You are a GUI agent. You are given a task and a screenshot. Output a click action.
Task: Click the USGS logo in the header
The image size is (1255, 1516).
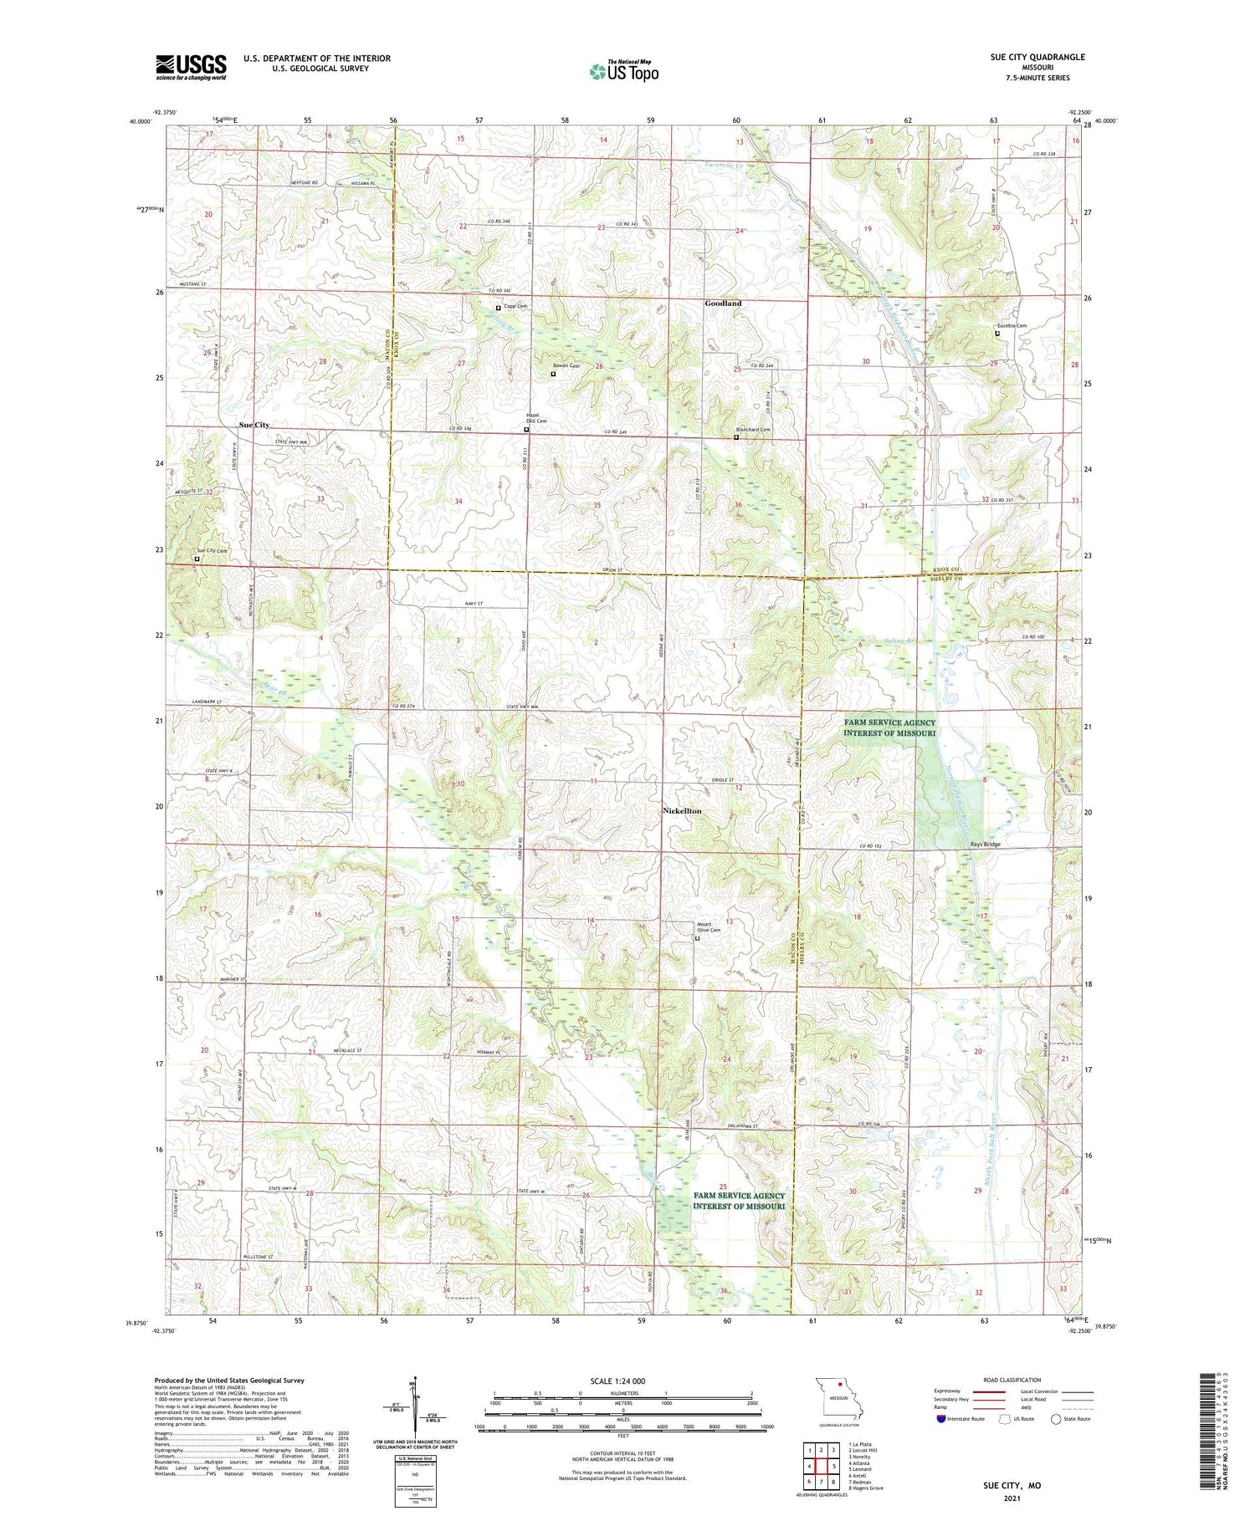[x=191, y=67]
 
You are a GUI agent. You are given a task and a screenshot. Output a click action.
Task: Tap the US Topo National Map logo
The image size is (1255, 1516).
[x=624, y=71]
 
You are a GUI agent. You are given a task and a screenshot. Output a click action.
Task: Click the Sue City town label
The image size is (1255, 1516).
[x=254, y=425]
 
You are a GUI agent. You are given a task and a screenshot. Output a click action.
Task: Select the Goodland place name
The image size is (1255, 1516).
[x=723, y=303]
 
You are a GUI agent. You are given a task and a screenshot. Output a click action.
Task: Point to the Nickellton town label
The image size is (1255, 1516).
[x=682, y=811]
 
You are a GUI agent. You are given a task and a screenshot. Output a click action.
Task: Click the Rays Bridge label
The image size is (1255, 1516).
[x=985, y=844]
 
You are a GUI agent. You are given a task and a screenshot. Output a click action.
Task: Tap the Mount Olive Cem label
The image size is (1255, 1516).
[x=709, y=927]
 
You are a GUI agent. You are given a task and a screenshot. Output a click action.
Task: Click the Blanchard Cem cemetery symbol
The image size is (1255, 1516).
[x=736, y=437]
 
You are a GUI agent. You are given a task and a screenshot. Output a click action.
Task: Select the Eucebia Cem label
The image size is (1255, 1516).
[x=1011, y=326]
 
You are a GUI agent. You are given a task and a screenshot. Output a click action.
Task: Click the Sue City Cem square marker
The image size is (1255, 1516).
[x=197, y=559]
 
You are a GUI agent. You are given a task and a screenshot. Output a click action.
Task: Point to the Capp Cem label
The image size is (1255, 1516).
[x=515, y=307]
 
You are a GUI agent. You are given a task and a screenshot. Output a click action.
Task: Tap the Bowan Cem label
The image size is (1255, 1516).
[x=566, y=366]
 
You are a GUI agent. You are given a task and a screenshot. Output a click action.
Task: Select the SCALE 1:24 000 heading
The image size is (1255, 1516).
[x=622, y=1381]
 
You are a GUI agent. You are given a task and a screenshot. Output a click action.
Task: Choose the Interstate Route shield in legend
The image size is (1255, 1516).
[x=940, y=1419]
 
